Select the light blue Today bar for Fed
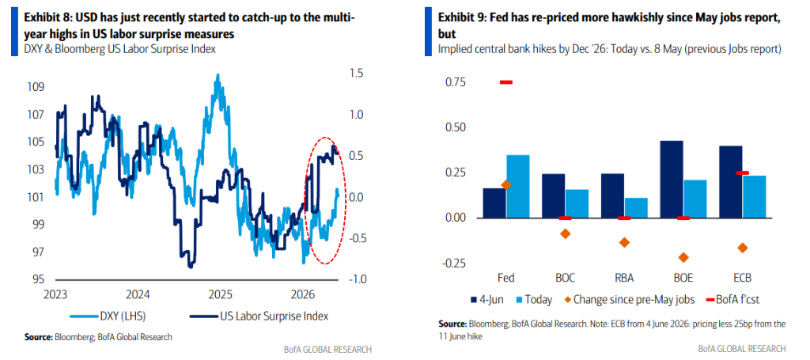point(518,187)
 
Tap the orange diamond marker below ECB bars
point(743,248)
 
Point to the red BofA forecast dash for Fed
point(505,82)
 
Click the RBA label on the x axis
point(624,278)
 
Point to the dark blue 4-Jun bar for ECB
point(731,182)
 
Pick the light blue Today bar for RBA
point(635,207)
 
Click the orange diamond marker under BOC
point(565,233)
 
